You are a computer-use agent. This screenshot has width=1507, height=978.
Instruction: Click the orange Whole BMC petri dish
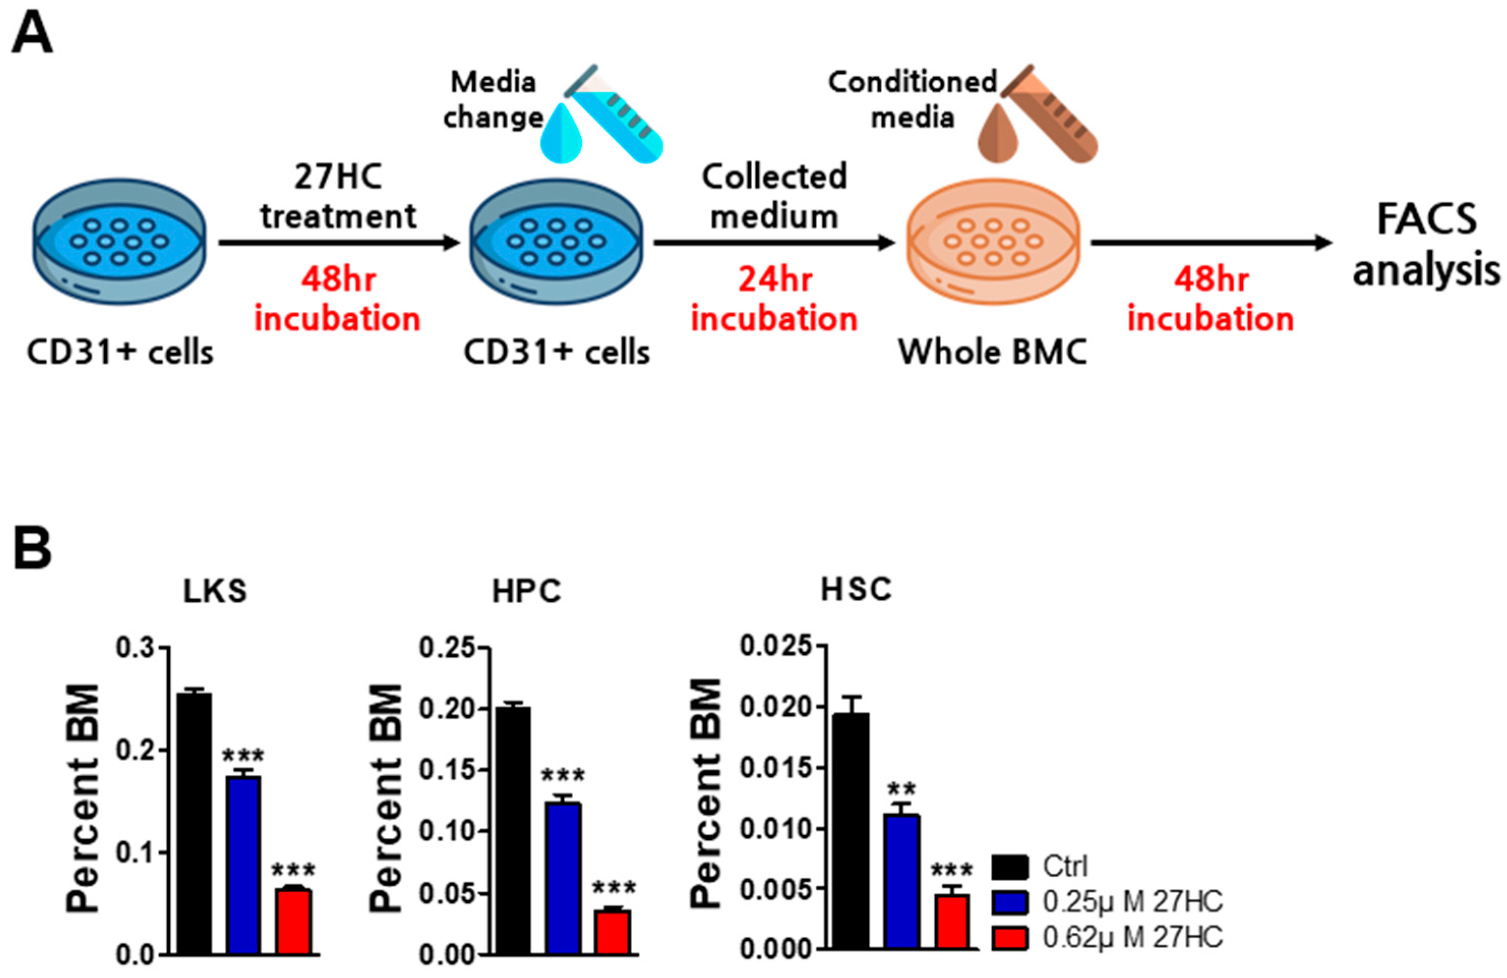pyautogui.click(x=993, y=243)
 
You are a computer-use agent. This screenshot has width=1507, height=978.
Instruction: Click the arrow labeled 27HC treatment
pyautogui.click(x=339, y=242)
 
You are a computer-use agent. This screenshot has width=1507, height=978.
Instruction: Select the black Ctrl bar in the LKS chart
pyautogui.click(x=194, y=823)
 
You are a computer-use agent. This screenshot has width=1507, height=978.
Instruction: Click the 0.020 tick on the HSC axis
pyautogui.click(x=776, y=707)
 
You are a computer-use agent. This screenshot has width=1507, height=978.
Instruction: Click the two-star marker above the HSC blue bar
pyautogui.click(x=901, y=789)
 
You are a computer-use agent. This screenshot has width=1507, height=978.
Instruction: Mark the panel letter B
pyautogui.click(x=32, y=549)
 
